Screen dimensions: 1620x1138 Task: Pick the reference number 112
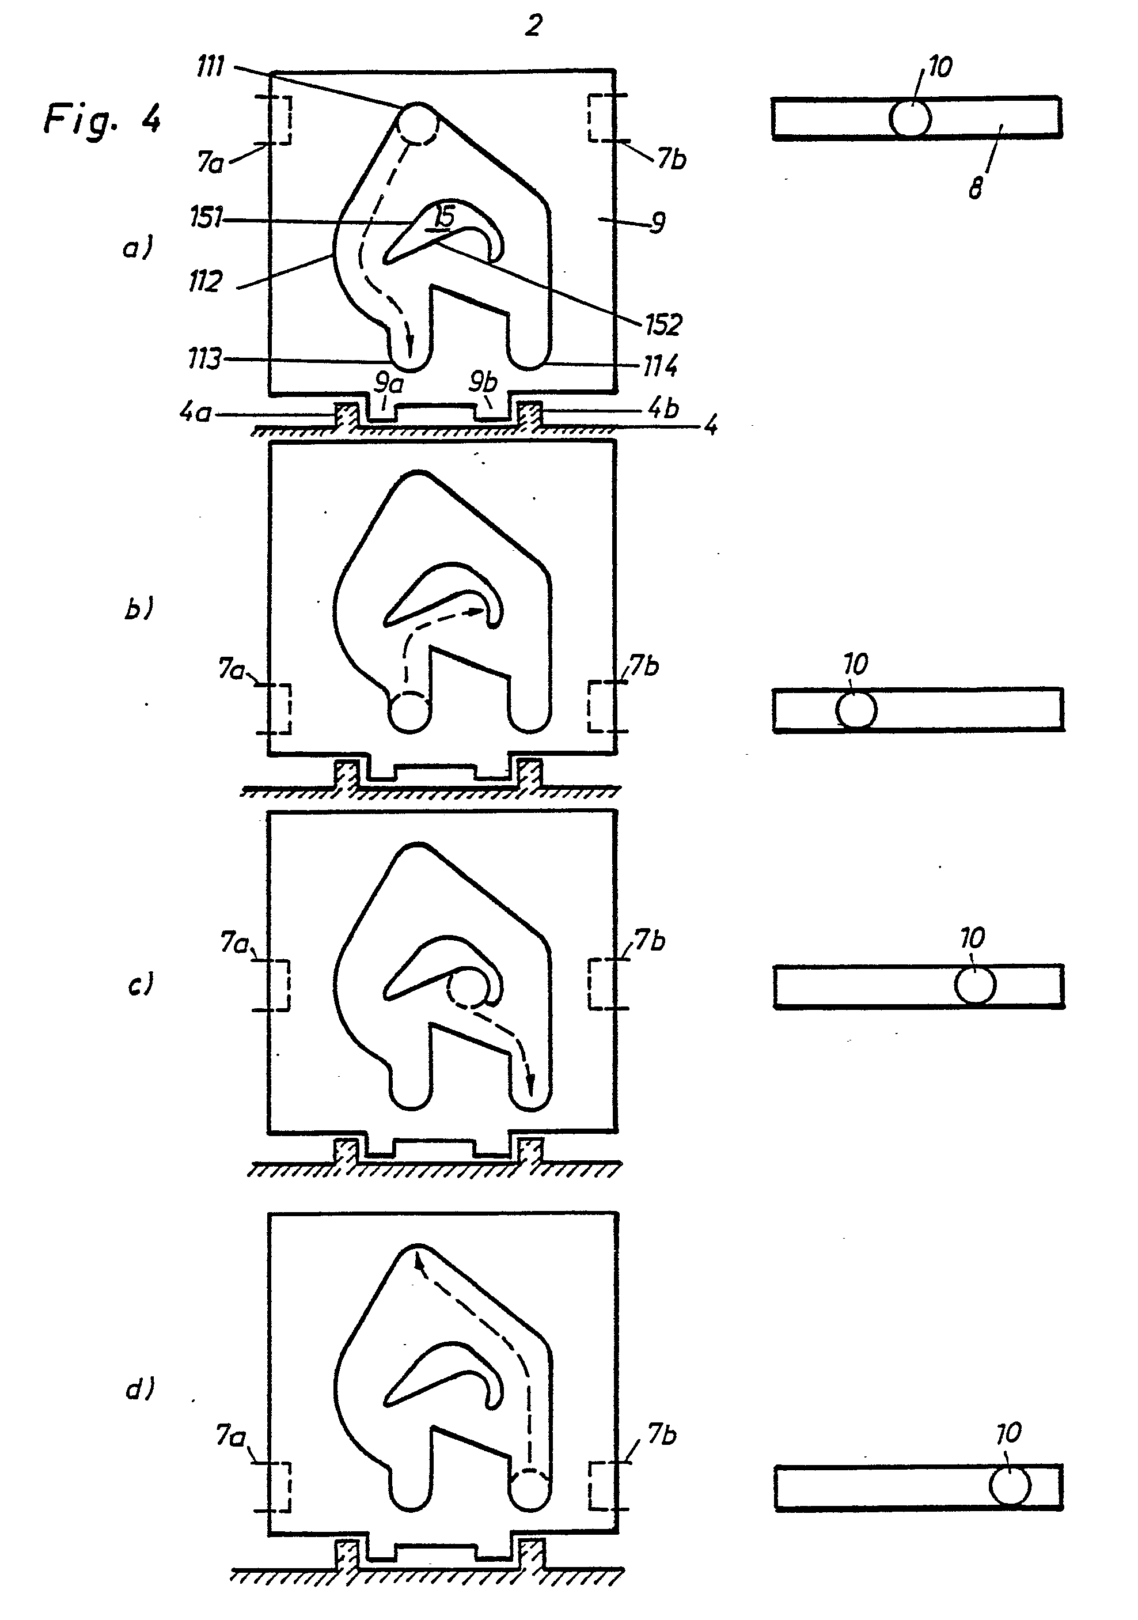click(205, 282)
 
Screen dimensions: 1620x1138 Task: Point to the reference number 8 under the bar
click(975, 190)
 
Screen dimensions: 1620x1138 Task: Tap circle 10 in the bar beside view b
click(856, 710)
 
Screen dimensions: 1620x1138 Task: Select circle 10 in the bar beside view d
click(1009, 1485)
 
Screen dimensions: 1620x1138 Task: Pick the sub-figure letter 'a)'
click(138, 248)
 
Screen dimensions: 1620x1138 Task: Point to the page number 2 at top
click(534, 26)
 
